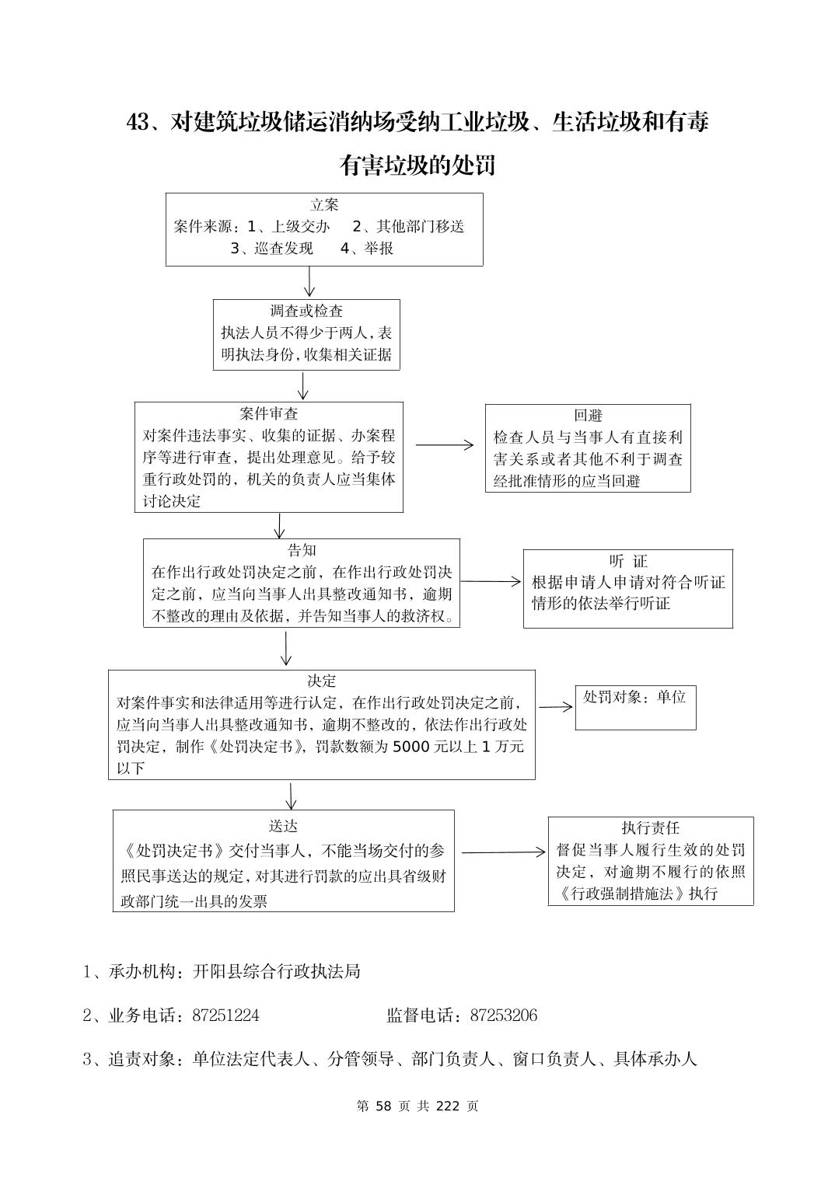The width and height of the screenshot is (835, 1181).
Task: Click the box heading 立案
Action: (x=324, y=205)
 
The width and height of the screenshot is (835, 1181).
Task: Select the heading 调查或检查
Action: (x=306, y=312)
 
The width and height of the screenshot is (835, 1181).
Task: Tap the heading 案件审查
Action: (x=269, y=414)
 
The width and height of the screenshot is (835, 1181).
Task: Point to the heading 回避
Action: (x=588, y=416)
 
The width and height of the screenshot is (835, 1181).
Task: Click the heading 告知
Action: (x=302, y=551)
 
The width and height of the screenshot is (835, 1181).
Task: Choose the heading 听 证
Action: (x=628, y=561)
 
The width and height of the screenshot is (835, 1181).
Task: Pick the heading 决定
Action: (x=321, y=681)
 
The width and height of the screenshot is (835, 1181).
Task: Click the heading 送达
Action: (x=283, y=827)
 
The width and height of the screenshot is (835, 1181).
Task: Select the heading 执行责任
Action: (x=651, y=828)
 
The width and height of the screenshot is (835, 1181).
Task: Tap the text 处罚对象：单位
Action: (x=634, y=697)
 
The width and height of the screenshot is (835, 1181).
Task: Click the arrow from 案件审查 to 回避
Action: (x=444, y=445)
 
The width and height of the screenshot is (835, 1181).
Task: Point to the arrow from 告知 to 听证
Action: (x=491, y=581)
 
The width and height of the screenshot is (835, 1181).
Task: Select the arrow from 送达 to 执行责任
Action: (x=503, y=852)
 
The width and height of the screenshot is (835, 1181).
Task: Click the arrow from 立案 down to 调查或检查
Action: (x=309, y=281)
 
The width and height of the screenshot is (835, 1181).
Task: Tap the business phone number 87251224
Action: (x=225, y=1016)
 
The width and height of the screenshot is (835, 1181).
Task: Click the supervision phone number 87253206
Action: (x=504, y=1016)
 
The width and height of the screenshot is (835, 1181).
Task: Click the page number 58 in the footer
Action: (x=382, y=1106)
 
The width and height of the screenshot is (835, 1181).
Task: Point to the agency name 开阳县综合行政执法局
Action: (x=278, y=972)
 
